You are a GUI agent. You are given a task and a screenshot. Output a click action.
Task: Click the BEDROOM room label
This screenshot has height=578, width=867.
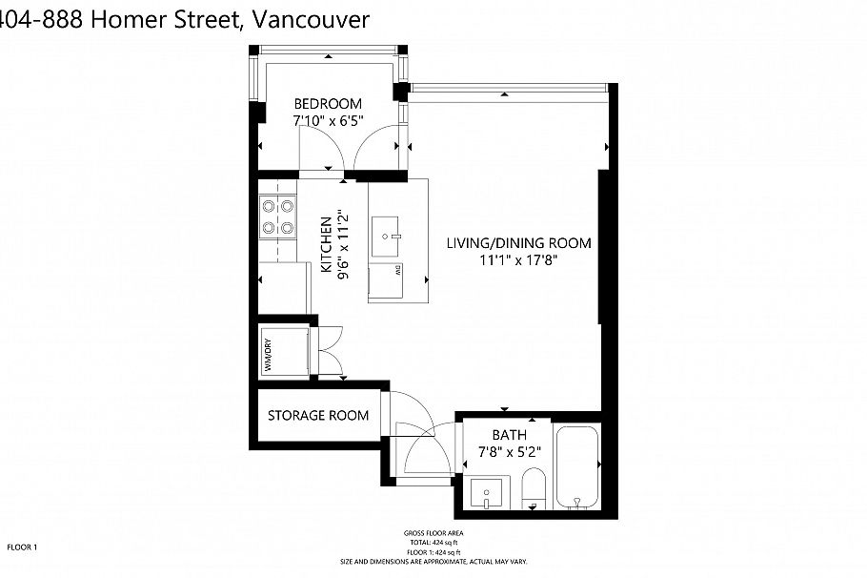click(327, 104)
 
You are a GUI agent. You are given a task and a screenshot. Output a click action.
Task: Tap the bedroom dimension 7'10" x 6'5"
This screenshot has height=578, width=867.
click(327, 121)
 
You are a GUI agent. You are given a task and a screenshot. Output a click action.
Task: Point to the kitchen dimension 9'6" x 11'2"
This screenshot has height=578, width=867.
click(342, 244)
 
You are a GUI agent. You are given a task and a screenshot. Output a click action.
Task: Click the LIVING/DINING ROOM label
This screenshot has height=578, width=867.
click(518, 243)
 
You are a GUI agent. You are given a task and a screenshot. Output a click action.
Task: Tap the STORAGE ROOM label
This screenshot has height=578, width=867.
click(317, 415)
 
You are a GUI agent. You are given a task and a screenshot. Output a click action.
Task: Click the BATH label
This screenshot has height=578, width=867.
click(509, 435)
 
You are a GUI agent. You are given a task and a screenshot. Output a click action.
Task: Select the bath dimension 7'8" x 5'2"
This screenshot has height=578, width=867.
click(509, 452)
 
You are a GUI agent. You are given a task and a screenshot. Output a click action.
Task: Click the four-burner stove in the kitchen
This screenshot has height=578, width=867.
click(276, 217)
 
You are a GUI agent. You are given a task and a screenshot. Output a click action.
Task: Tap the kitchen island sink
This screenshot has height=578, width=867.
click(391, 232)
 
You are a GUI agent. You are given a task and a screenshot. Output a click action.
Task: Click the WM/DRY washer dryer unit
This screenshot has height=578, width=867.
click(283, 351)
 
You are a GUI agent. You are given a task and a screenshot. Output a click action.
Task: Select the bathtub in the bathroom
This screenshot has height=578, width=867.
click(577, 468)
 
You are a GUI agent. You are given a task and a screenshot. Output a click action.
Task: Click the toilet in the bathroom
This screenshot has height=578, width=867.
click(533, 489)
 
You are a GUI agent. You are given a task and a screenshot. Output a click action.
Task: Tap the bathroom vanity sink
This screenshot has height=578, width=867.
click(487, 494)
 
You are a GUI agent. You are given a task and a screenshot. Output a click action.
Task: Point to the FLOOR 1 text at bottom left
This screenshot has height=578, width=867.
click(21, 547)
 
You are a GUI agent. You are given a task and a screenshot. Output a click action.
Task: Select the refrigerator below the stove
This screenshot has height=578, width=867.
click(283, 286)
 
